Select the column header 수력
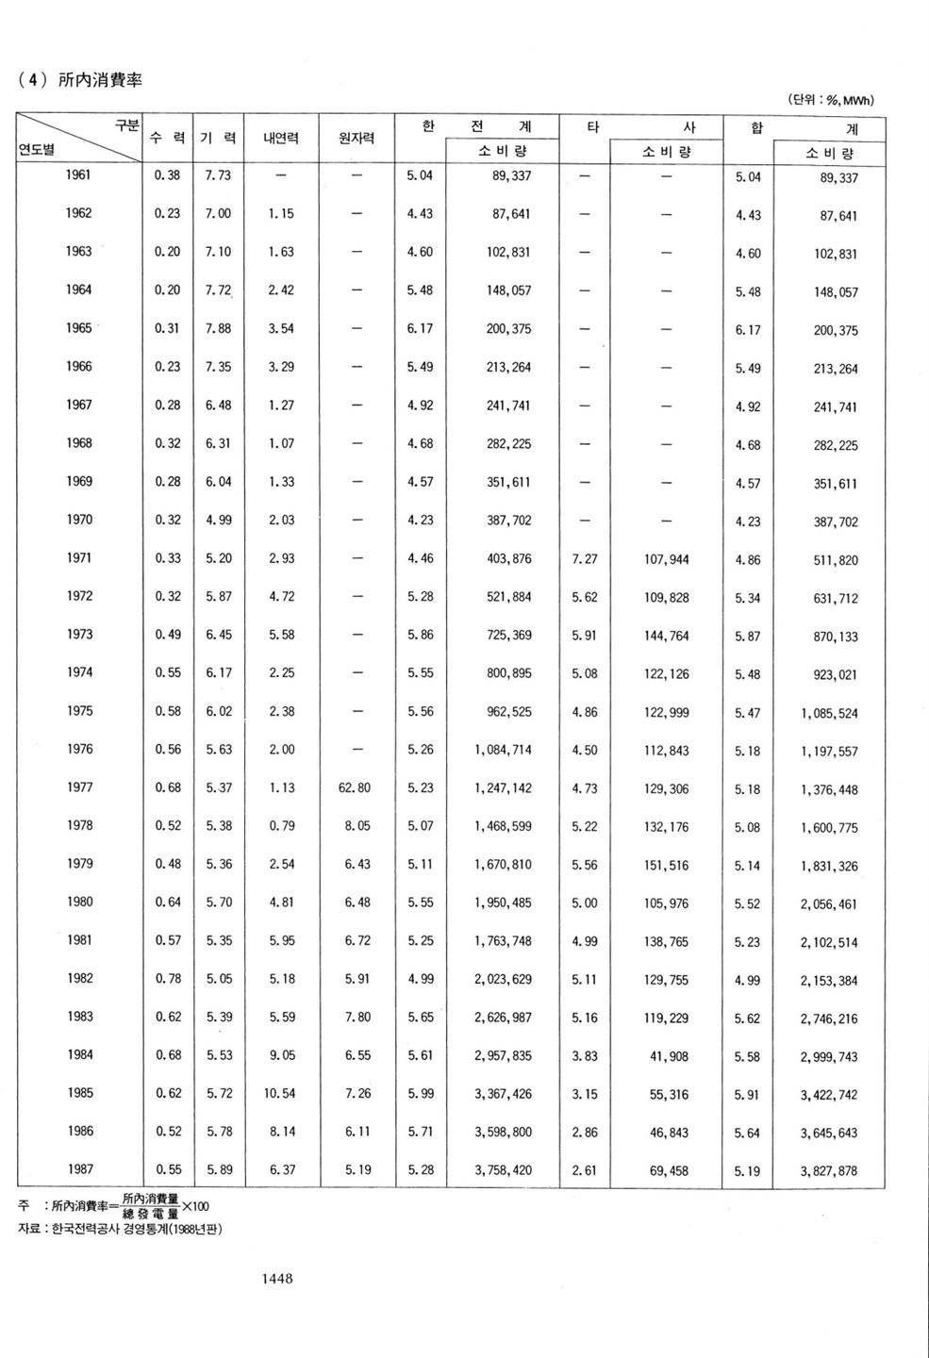[167, 138]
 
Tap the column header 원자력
[357, 138]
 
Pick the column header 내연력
[281, 138]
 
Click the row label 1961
[79, 174]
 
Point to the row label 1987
[79, 1169]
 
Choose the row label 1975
[79, 711]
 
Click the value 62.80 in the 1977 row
[355, 787]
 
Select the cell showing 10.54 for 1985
[281, 1094]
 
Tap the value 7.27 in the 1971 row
[585, 559]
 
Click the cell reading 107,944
[667, 559]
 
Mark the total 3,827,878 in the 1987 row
[829, 1172]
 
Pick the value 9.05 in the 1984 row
[281, 1055]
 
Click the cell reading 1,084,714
[503, 750]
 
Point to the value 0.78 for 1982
[168, 979]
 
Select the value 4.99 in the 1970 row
[218, 520]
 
